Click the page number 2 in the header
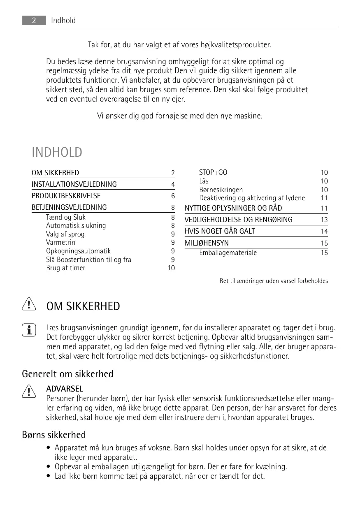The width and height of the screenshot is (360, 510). (34, 21)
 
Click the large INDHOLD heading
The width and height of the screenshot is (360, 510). (57, 153)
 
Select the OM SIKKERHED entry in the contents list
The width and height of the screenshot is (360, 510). (56, 173)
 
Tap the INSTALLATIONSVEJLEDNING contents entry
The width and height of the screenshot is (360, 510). (74, 184)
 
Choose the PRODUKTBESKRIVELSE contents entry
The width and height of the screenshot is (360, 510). (66, 196)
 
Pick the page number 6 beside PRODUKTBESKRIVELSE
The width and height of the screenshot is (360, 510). (173, 196)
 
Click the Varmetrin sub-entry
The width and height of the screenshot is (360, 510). (60, 242)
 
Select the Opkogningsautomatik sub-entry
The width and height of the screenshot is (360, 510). (78, 251)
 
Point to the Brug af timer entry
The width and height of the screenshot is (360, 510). (66, 268)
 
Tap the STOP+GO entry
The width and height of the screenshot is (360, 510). (213, 172)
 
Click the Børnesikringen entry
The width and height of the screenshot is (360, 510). (221, 190)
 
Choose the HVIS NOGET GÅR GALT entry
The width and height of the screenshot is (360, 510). (220, 231)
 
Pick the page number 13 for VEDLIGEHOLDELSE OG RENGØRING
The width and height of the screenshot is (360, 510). (324, 220)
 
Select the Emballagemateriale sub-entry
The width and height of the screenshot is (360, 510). (228, 253)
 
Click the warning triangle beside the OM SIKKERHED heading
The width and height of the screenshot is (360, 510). (28, 305)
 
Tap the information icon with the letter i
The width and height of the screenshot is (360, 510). (28, 329)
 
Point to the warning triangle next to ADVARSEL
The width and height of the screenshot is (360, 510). (28, 391)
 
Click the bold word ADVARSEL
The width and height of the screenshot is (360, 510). (65, 389)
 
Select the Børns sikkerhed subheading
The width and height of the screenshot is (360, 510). (54, 435)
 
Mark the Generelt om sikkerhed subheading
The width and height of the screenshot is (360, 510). (67, 374)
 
